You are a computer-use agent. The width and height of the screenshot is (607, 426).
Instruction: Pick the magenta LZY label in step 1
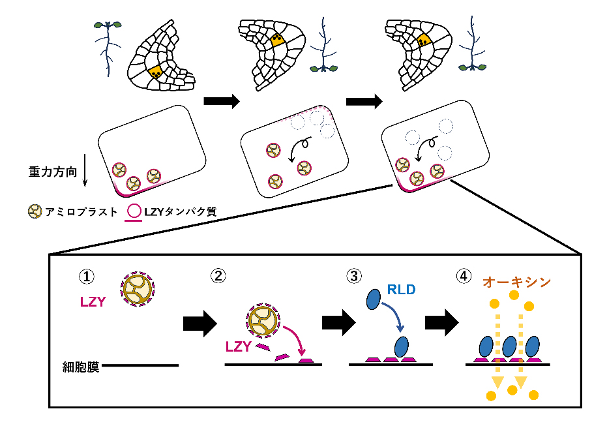91,302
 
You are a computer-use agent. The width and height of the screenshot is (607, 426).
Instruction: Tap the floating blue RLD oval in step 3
374,299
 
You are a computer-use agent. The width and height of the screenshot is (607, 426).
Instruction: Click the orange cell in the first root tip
155,70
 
